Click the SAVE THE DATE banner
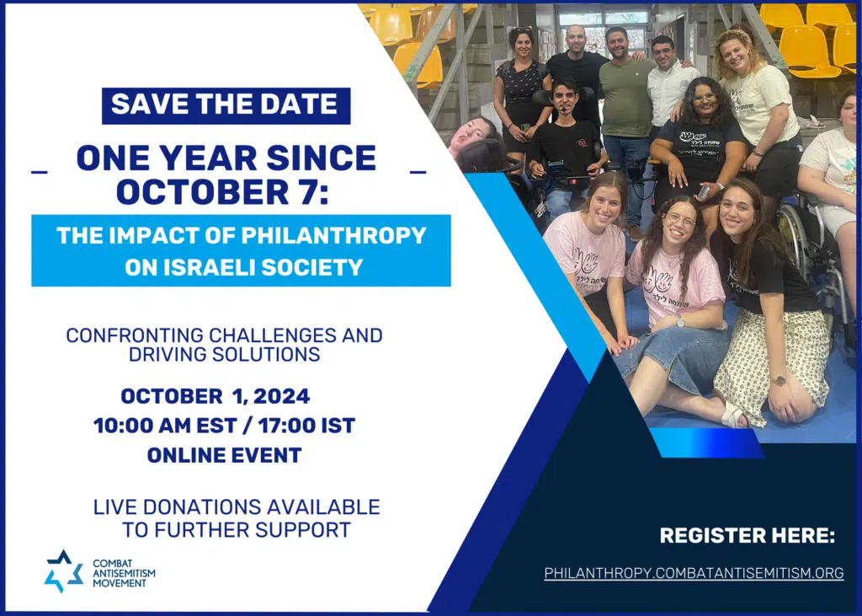click(x=226, y=105)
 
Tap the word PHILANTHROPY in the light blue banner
click(x=334, y=236)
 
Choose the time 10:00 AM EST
click(x=166, y=426)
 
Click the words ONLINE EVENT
click(x=224, y=455)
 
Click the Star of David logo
click(x=63, y=571)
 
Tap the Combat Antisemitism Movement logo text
click(x=124, y=573)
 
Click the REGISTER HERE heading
click(x=748, y=536)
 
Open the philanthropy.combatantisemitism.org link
click(x=694, y=573)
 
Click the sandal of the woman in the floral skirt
click(x=733, y=414)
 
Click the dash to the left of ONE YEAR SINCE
click(x=40, y=172)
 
